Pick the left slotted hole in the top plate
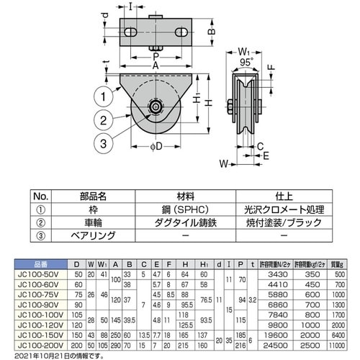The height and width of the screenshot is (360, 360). (x=132, y=32)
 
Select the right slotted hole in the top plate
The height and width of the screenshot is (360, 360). (x=182, y=32)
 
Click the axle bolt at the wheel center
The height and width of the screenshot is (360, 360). (x=154, y=108)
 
